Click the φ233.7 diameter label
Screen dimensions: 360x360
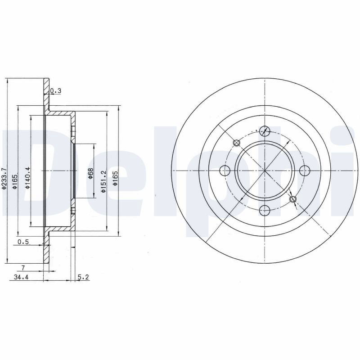[4, 179]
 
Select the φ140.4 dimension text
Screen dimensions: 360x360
[27, 178]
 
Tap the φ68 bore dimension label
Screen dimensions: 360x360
[90, 174]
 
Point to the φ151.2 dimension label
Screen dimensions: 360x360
[103, 181]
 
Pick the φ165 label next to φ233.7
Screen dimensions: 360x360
[15, 181]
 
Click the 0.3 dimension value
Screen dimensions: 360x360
[55, 91]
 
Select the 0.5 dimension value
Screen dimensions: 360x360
[23, 242]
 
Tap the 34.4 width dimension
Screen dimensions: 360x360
[21, 277]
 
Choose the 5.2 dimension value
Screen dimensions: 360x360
[83, 277]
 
